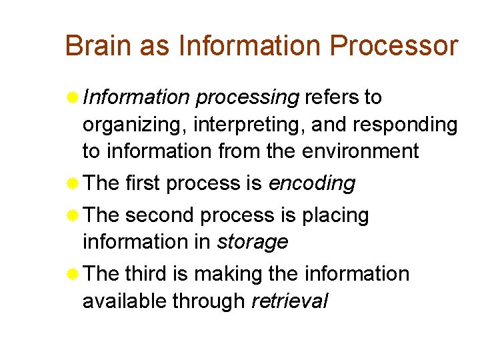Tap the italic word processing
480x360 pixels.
pyautogui.click(x=247, y=98)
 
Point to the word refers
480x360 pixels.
pyautogui.click(x=331, y=97)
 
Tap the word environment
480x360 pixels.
pyautogui.click(x=361, y=151)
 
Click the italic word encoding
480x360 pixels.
pyautogui.click(x=311, y=183)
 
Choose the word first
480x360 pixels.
pyautogui.click(x=143, y=183)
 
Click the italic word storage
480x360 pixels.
pyautogui.click(x=253, y=242)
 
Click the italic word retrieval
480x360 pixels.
pyautogui.click(x=289, y=301)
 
